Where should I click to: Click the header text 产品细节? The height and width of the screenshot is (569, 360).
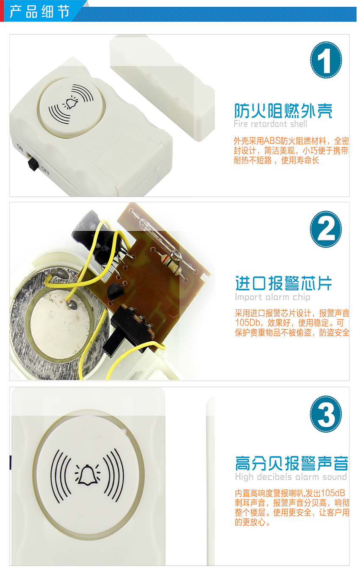[x=39, y=11]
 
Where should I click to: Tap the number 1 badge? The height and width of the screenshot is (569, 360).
[x=326, y=60]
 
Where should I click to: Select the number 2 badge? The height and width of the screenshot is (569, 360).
[x=326, y=229]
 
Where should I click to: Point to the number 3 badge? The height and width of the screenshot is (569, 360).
[x=326, y=414]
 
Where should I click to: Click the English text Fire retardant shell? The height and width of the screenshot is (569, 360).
[x=270, y=124]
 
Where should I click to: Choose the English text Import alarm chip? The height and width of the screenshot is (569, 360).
[x=272, y=297]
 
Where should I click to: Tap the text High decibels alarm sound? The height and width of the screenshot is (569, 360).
[x=291, y=477]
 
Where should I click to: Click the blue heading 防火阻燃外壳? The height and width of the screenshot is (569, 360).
[x=283, y=111]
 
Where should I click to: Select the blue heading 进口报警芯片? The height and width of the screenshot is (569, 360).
[x=283, y=283]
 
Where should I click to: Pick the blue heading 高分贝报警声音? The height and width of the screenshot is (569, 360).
[x=291, y=463]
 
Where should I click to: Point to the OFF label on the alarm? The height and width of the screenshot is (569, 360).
[x=45, y=171]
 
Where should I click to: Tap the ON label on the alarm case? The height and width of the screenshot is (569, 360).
[x=20, y=147]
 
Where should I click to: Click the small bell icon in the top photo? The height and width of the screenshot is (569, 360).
[x=72, y=103]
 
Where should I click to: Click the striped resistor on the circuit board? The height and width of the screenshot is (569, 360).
[x=173, y=265]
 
